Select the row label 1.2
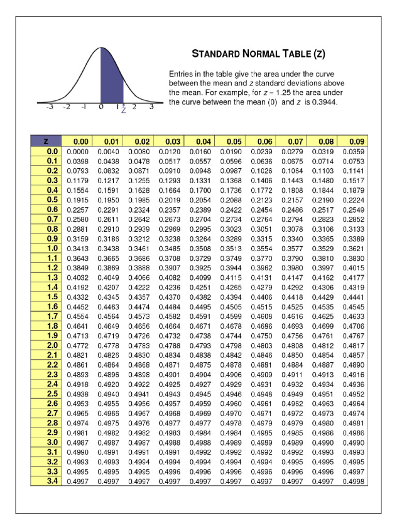tap(47, 268)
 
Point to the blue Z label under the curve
tap(124, 110)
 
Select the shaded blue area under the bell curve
tap(111, 78)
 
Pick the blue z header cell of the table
tap(47, 141)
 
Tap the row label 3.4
tap(47, 481)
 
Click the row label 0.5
tap(47, 200)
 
